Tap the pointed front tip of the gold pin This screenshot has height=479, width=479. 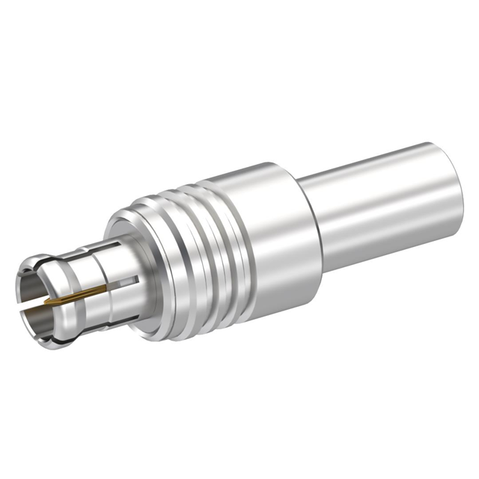coord(46,302)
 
